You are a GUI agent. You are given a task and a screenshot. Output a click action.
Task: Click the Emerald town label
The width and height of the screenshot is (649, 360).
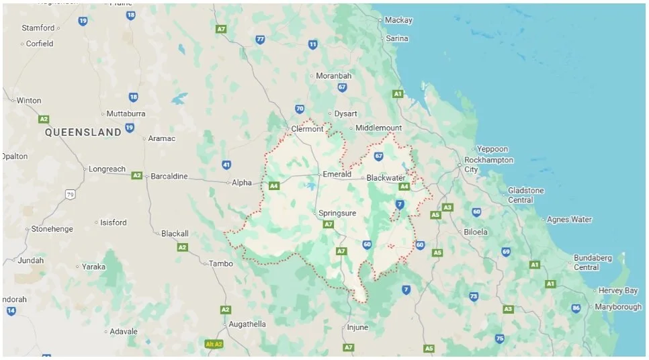(337, 174)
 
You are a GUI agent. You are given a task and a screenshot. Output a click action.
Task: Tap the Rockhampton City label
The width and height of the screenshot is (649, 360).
(488, 165)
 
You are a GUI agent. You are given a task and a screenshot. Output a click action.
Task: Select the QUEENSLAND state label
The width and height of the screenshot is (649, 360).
(83, 132)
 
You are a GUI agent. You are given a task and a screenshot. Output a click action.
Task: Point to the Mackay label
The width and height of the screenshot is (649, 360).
(398, 20)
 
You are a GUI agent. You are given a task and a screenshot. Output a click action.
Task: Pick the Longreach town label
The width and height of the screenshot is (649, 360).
(107, 169)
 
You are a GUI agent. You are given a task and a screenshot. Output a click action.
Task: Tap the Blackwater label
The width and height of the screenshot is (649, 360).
(386, 178)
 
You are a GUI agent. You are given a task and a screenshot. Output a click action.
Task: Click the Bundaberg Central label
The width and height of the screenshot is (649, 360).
(592, 263)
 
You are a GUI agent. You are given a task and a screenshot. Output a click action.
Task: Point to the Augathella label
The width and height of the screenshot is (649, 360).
(247, 324)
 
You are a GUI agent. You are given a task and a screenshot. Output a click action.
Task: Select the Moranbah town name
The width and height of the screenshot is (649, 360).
(333, 76)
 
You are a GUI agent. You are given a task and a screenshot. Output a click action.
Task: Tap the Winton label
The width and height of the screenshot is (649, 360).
(28, 101)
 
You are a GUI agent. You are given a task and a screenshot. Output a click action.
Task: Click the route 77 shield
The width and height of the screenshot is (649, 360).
(260, 40)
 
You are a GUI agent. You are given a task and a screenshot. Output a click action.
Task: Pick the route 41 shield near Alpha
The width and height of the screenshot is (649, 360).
(226, 165)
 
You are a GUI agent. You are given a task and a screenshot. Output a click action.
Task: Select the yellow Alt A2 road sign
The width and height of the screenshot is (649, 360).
(214, 345)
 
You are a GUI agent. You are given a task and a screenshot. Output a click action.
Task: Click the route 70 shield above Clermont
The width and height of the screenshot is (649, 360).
(299, 109)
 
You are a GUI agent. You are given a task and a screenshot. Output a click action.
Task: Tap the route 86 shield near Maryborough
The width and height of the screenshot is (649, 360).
(576, 308)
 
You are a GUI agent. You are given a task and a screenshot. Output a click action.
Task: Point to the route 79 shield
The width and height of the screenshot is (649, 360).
(70, 194)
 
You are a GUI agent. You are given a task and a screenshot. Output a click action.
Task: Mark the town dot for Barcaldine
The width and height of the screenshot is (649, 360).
(147, 177)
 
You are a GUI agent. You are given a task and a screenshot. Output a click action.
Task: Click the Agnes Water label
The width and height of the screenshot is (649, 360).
(569, 220)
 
